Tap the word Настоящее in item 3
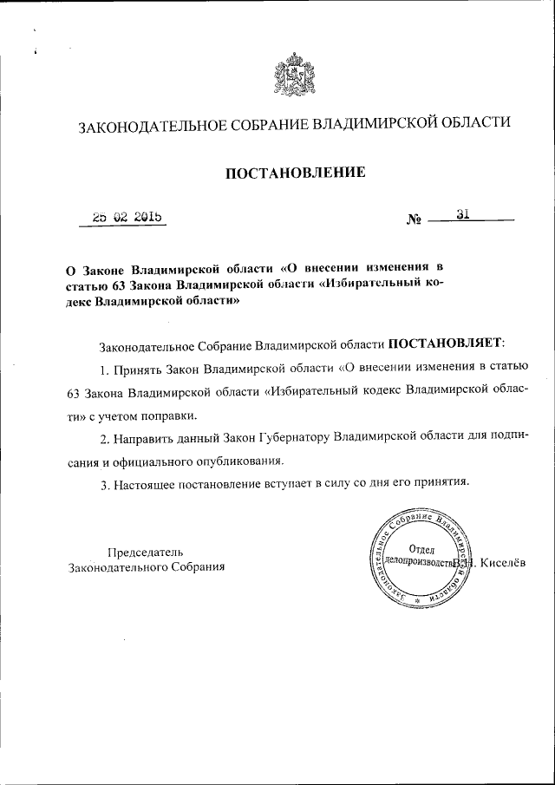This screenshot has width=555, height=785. pos(142,482)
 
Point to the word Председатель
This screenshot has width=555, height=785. pos(145,552)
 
